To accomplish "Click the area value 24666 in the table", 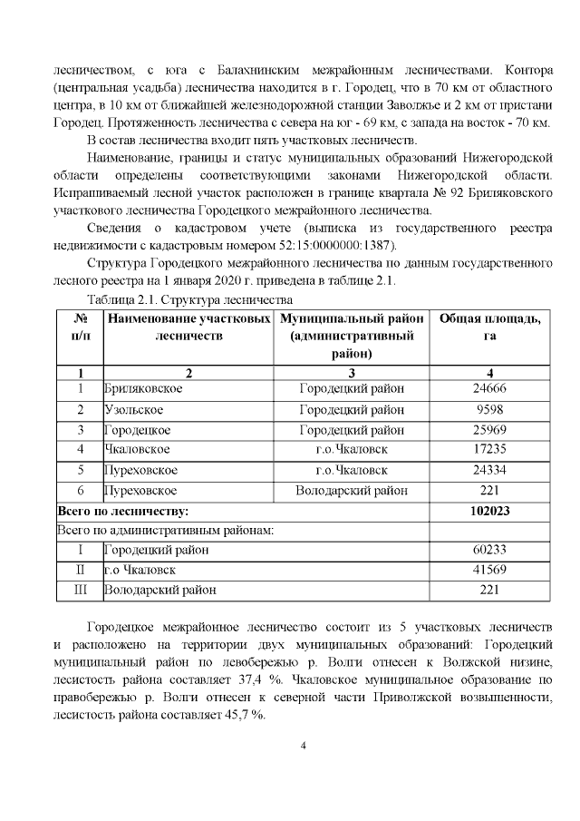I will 489,389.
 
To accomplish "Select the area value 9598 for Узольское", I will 489,410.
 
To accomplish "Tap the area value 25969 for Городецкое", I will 489,430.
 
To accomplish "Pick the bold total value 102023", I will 489,512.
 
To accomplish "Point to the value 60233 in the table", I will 489,550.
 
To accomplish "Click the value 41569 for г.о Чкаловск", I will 489,570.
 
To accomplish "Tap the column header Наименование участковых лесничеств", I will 189,327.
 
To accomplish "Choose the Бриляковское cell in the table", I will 143,389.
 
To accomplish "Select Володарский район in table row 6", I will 352,491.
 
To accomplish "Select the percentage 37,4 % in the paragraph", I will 266,680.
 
